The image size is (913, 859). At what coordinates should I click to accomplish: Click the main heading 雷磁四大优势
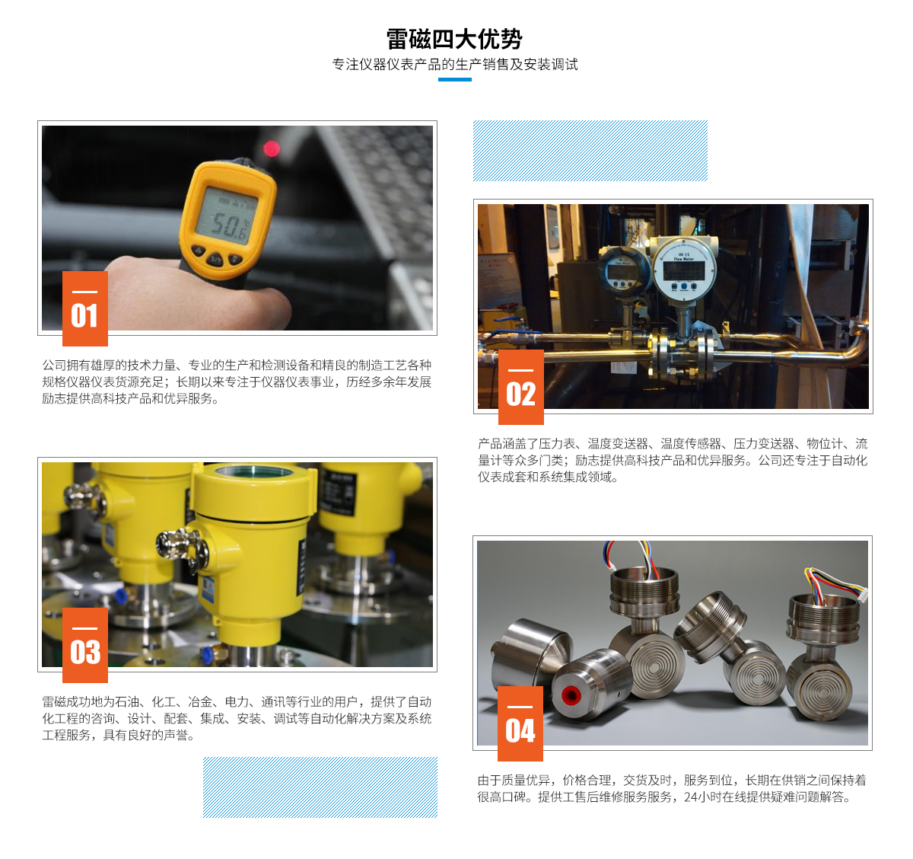pyautogui.click(x=454, y=39)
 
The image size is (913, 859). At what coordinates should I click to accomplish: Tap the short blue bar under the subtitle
pyautogui.click(x=455, y=80)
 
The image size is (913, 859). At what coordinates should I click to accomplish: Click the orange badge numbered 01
pyautogui.click(x=85, y=308)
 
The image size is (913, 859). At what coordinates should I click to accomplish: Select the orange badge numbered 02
pyautogui.click(x=521, y=387)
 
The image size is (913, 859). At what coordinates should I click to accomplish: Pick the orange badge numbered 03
pyautogui.click(x=85, y=645)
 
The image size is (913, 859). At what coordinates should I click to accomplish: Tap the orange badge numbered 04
pyautogui.click(x=520, y=723)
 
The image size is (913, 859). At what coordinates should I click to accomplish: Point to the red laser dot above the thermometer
pyautogui.click(x=271, y=148)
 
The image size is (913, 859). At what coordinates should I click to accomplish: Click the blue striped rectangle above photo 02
pyautogui.click(x=590, y=151)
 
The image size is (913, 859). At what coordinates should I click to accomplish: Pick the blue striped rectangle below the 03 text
pyautogui.click(x=320, y=787)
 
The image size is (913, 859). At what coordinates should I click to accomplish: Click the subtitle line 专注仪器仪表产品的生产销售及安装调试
pyautogui.click(x=455, y=65)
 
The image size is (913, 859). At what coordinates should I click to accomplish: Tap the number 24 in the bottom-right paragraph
pyautogui.click(x=691, y=797)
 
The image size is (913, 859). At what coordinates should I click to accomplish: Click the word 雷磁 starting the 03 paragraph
pyautogui.click(x=54, y=701)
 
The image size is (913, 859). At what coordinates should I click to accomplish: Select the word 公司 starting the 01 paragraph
pyautogui.click(x=54, y=365)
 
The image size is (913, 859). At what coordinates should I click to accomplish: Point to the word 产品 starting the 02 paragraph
pyautogui.click(x=490, y=444)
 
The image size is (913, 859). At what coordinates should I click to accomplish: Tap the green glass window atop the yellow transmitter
pyautogui.click(x=254, y=471)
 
